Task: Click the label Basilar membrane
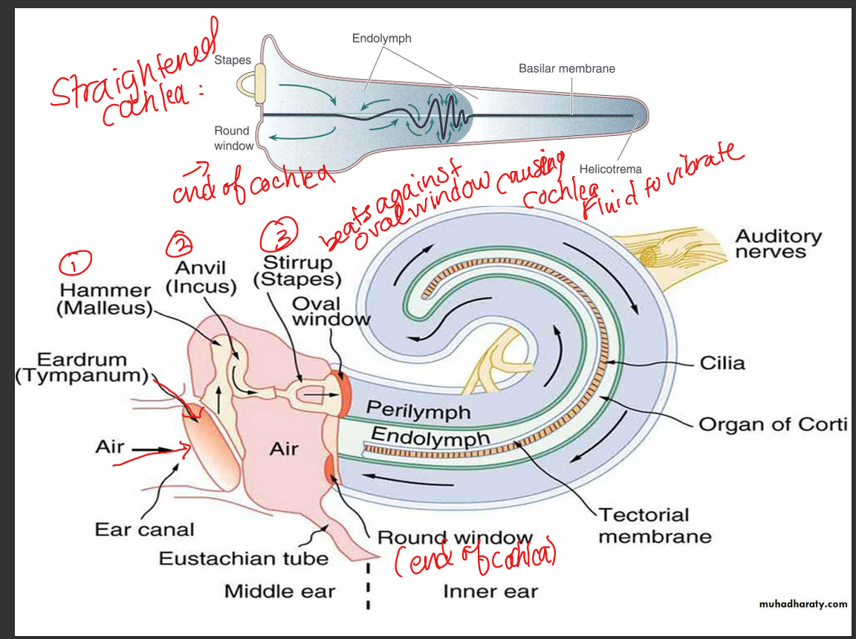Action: pyautogui.click(x=566, y=68)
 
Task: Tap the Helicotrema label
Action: pyautogui.click(x=610, y=169)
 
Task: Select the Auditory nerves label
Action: pyautogui.click(x=778, y=244)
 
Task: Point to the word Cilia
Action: pyautogui.click(x=722, y=363)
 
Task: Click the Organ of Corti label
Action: pyautogui.click(x=773, y=424)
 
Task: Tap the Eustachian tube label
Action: pyautogui.click(x=243, y=558)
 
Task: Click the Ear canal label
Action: pyautogui.click(x=144, y=530)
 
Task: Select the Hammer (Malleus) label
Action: pyautogui.click(x=104, y=299)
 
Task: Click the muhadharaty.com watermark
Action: pyautogui.click(x=802, y=604)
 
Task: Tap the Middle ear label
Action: pyautogui.click(x=279, y=591)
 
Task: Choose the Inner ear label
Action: pyautogui.click(x=490, y=591)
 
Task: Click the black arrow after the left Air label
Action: pyautogui.click(x=153, y=449)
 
